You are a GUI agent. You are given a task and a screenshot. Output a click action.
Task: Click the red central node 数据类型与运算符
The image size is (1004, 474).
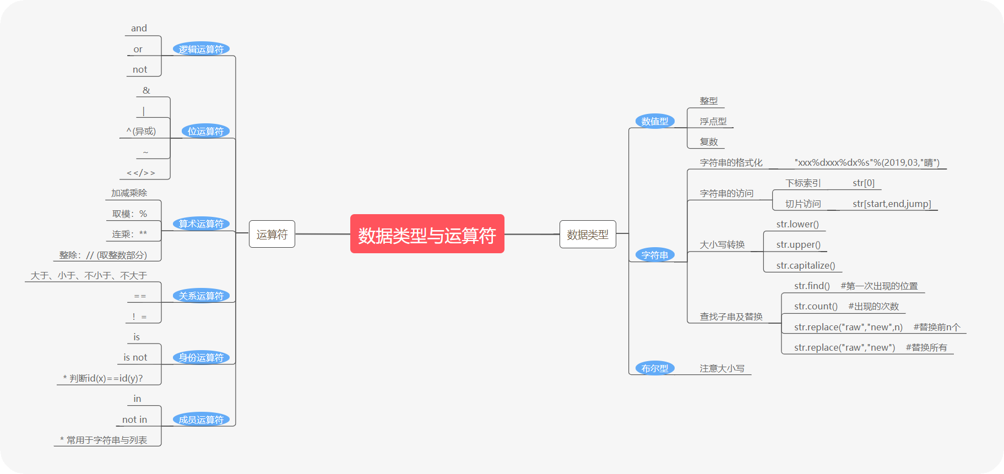click(x=427, y=234)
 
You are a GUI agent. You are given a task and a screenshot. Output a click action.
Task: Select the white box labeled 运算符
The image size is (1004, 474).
click(x=272, y=234)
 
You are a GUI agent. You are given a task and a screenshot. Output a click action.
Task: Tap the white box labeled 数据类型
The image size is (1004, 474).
click(x=588, y=234)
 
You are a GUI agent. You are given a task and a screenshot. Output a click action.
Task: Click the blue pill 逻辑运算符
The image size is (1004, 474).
click(x=201, y=49)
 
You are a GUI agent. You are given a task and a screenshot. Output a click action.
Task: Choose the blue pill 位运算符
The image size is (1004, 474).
click(x=205, y=131)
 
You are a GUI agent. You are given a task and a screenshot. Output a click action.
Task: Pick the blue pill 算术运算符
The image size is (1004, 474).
click(x=201, y=224)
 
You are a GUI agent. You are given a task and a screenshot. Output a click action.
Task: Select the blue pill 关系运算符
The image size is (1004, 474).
click(x=201, y=296)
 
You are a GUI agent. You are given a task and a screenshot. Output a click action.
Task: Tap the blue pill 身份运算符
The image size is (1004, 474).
click(x=201, y=357)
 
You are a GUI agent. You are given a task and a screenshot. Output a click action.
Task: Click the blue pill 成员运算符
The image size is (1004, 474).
click(x=201, y=419)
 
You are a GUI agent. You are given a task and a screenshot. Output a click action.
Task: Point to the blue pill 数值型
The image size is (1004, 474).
click(x=654, y=121)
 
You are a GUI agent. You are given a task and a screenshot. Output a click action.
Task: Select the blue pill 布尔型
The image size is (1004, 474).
click(x=654, y=368)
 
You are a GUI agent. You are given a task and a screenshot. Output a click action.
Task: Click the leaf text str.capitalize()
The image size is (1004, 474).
click(x=805, y=265)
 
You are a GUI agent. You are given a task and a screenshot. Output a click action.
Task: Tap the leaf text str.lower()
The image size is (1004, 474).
click(x=797, y=224)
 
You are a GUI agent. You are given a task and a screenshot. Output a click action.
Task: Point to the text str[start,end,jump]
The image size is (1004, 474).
click(x=892, y=204)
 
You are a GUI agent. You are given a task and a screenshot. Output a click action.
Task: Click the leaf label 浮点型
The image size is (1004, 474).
click(x=713, y=121)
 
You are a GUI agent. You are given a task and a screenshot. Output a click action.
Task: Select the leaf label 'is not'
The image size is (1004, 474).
click(x=135, y=357)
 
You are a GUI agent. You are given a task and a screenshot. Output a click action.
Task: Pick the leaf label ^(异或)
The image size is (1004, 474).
click(x=141, y=131)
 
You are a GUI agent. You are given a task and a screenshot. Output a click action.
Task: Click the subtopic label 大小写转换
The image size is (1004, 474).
click(x=722, y=244)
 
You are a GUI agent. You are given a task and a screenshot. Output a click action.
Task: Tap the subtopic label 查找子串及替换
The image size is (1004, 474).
click(x=731, y=317)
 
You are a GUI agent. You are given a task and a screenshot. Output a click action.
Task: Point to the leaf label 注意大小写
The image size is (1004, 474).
click(x=721, y=368)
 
